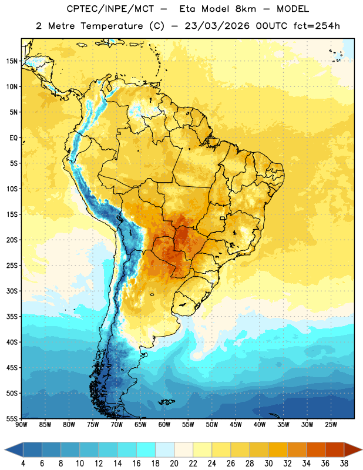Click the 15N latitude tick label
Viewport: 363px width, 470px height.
click(12, 61)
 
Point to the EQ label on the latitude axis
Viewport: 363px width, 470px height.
click(14, 138)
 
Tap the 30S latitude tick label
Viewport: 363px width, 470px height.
click(12, 291)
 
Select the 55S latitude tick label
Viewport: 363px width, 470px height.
click(12, 418)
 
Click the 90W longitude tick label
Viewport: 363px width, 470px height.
click(21, 425)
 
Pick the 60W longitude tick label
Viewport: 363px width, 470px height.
click(164, 425)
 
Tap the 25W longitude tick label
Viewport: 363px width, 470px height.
click(331, 425)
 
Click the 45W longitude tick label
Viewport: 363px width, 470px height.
click(236, 425)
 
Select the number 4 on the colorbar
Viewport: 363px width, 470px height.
click(23, 464)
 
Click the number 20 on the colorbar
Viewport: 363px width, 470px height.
click(174, 464)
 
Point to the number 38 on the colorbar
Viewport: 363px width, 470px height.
click(344, 464)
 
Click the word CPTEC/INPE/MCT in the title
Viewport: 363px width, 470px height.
click(110, 9)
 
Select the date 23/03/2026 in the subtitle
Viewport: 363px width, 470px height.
click(217, 26)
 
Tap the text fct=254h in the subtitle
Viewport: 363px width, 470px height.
click(317, 26)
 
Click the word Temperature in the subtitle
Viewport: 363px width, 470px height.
click(112, 26)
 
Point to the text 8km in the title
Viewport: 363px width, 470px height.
click(246, 9)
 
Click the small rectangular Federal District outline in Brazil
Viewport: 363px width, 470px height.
click(223, 218)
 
